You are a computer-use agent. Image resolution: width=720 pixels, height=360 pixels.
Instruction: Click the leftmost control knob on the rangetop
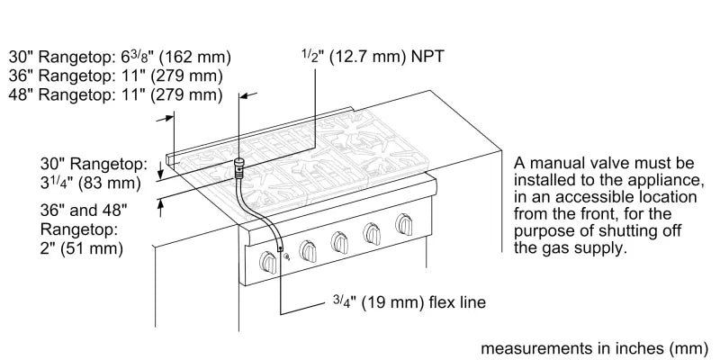(x=267, y=261)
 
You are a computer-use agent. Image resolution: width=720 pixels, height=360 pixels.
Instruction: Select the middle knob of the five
(x=340, y=241)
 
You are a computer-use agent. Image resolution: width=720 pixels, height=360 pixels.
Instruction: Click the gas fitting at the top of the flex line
(x=239, y=165)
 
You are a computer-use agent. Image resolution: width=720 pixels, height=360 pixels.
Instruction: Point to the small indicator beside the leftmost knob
(x=285, y=259)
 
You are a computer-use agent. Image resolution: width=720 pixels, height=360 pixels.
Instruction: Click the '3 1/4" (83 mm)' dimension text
(x=87, y=184)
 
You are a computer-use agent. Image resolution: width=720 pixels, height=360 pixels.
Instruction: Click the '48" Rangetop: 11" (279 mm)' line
(x=114, y=94)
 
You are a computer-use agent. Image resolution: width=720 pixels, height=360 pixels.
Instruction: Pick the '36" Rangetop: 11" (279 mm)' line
(x=114, y=76)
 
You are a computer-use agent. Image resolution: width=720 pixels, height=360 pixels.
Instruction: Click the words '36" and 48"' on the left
(x=84, y=209)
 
